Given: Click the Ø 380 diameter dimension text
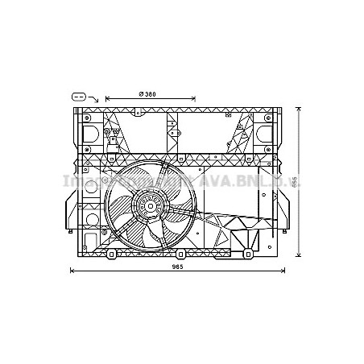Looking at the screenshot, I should tap(147, 96).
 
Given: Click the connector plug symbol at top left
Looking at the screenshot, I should tap(78, 95).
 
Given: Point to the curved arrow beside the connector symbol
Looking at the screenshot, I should tap(93, 98).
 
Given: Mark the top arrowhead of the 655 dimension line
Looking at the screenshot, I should tap(299, 108).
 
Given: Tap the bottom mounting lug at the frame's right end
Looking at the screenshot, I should tap(248, 255).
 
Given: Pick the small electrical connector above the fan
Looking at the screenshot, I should tap(114, 143).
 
